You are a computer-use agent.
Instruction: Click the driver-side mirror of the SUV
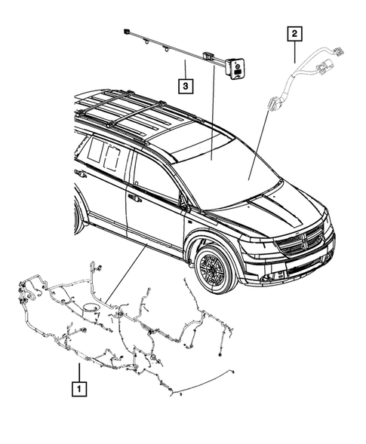183,204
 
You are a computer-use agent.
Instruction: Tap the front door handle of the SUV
134,198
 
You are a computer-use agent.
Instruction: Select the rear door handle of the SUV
81,174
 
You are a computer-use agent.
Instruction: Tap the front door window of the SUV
155,180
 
